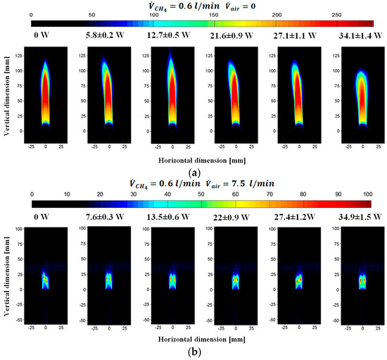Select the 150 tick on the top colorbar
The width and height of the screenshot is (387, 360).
[x=216, y=15]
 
